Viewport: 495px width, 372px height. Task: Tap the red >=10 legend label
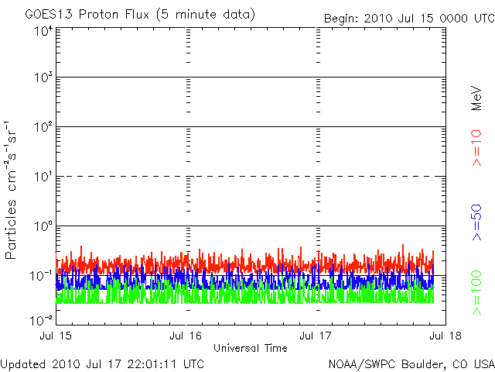click(x=477, y=146)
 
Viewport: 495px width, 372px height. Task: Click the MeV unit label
click(x=477, y=98)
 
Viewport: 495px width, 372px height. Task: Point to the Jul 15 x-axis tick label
click(x=56, y=335)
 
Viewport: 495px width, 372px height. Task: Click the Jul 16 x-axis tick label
click(x=186, y=335)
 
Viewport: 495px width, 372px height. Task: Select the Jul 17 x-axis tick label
click(x=316, y=335)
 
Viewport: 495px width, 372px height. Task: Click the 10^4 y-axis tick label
click(x=42, y=30)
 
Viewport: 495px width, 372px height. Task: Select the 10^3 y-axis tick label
click(x=42, y=78)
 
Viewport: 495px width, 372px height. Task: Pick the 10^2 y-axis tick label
click(x=42, y=127)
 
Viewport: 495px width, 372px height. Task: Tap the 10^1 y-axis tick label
click(x=42, y=177)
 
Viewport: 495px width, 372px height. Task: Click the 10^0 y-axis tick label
click(x=42, y=226)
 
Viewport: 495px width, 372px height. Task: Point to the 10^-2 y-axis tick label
click(x=40, y=319)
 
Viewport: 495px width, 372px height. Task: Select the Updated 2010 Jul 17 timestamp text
click(x=103, y=363)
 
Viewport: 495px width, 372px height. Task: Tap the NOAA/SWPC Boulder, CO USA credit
click(x=411, y=363)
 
